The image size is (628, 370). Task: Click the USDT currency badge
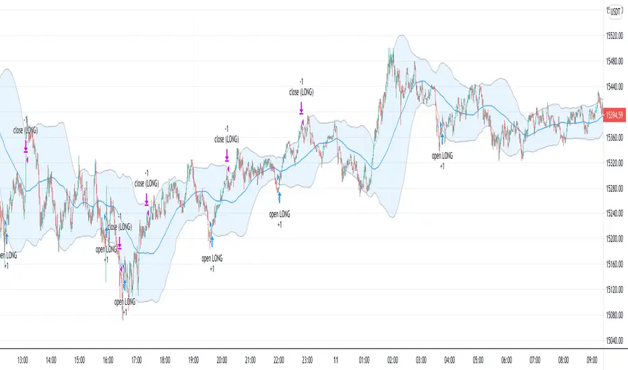click(x=615, y=12)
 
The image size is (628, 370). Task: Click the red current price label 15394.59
click(x=615, y=115)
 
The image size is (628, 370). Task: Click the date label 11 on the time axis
click(x=336, y=360)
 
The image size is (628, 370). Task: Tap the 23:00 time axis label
click(x=307, y=360)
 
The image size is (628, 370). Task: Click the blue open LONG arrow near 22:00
click(x=279, y=196)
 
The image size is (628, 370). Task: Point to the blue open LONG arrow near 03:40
click(x=442, y=139)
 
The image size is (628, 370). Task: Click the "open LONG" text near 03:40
click(x=443, y=155)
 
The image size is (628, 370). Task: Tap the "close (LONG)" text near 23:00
click(x=301, y=92)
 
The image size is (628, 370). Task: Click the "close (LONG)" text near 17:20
click(x=147, y=182)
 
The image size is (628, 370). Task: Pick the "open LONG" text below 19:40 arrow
click(x=212, y=258)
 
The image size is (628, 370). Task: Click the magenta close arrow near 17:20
click(x=147, y=198)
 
